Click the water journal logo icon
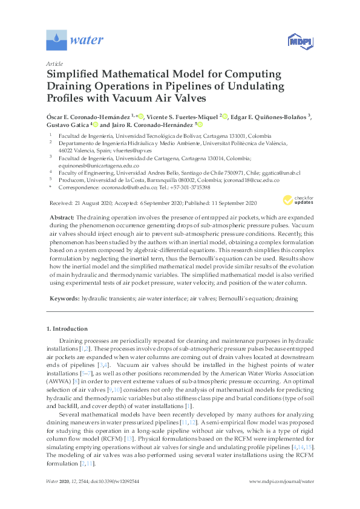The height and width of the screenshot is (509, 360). (x=56, y=41)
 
